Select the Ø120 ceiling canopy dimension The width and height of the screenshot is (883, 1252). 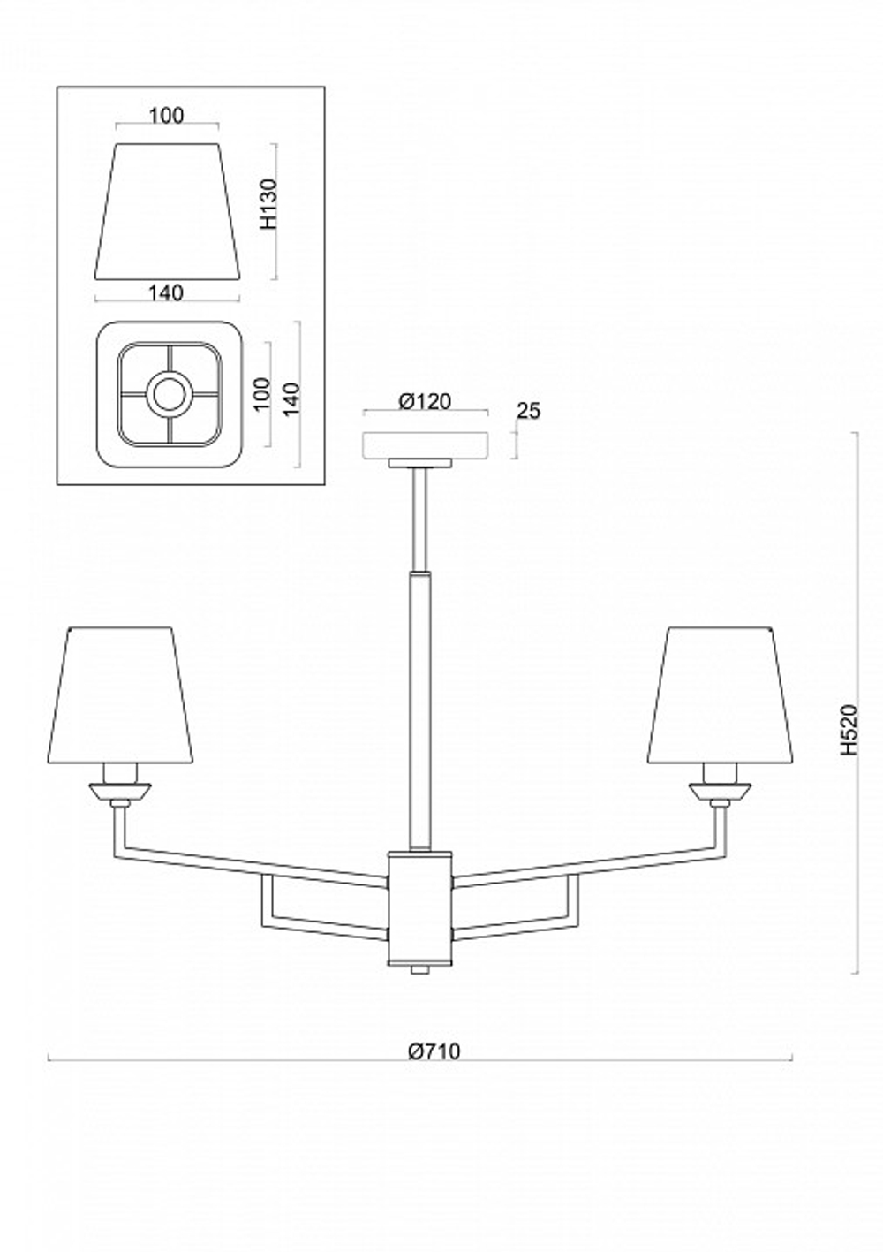[x=425, y=401]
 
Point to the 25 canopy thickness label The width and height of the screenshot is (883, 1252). [x=528, y=411]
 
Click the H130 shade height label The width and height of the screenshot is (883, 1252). [x=269, y=203]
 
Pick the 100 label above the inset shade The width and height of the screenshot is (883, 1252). [x=166, y=116]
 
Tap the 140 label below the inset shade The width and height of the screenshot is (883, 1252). [x=166, y=292]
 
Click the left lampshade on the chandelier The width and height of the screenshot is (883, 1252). [x=120, y=694]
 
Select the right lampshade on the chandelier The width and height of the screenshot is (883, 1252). [x=721, y=694]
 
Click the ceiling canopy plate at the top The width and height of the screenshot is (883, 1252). [x=426, y=444]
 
